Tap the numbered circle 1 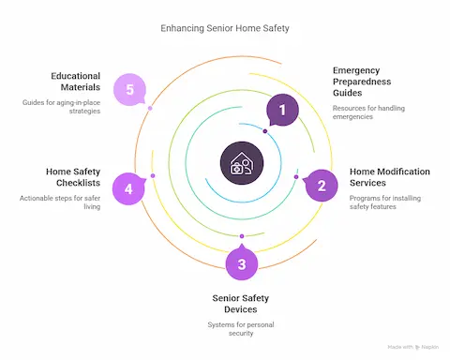coord(282,111)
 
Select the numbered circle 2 coord(322,185)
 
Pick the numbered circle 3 coord(242,263)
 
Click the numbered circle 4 coord(128,188)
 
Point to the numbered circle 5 coord(128,90)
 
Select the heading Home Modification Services coord(389,178)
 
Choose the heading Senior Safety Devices coord(241,303)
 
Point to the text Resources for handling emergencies coord(367,113)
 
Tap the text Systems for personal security coord(241,329)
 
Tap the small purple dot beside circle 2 coord(296,177)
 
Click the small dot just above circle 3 coord(242,236)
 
